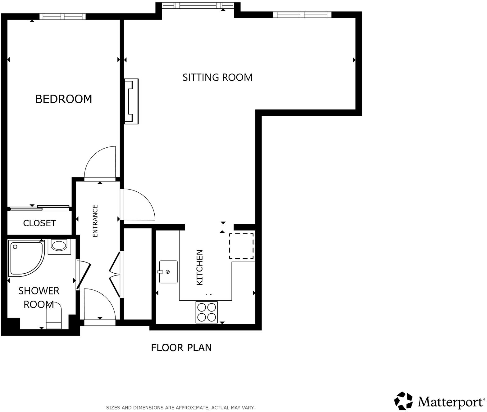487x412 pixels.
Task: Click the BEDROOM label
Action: (x=63, y=99)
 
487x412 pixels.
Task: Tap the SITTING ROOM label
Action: (x=217, y=77)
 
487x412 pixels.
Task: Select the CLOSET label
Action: (x=39, y=223)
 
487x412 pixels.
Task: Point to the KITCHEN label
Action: (x=200, y=267)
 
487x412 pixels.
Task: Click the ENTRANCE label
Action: (x=95, y=221)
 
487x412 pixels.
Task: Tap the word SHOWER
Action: (x=39, y=291)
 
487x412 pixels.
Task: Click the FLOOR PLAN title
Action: (x=181, y=347)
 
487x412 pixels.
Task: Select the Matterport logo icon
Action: (x=403, y=401)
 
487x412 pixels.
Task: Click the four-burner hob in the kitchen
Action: (x=207, y=312)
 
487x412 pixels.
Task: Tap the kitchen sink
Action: (x=168, y=272)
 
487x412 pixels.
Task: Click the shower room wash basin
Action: (x=59, y=245)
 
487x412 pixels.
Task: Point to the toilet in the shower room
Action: (x=54, y=316)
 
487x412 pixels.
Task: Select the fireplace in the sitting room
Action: (x=131, y=101)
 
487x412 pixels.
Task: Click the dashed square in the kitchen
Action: (x=241, y=246)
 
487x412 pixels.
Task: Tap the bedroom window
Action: (x=62, y=16)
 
